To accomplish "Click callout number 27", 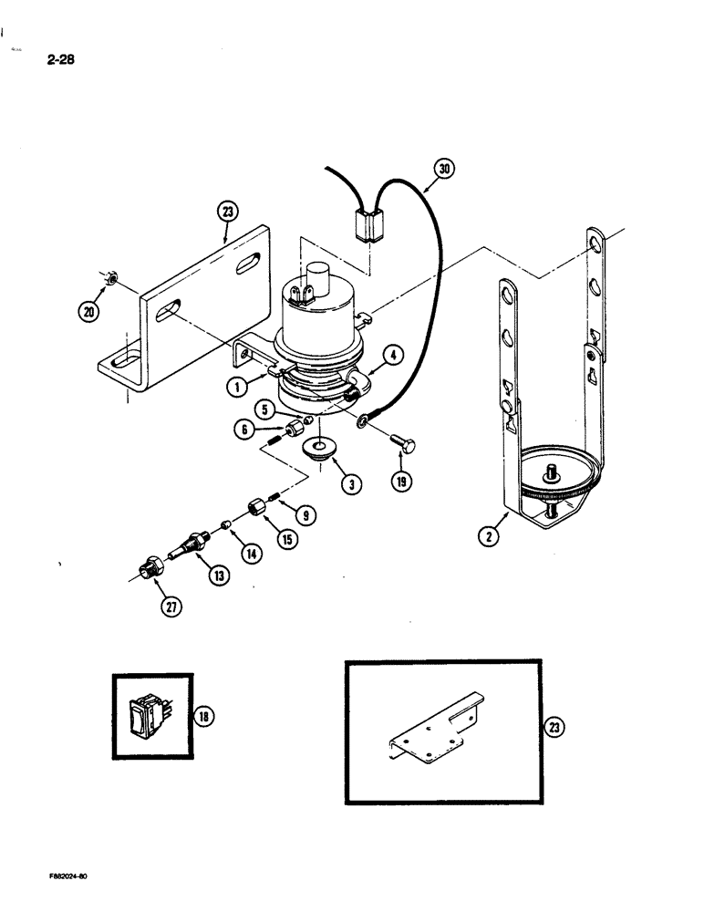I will tap(167, 609).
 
